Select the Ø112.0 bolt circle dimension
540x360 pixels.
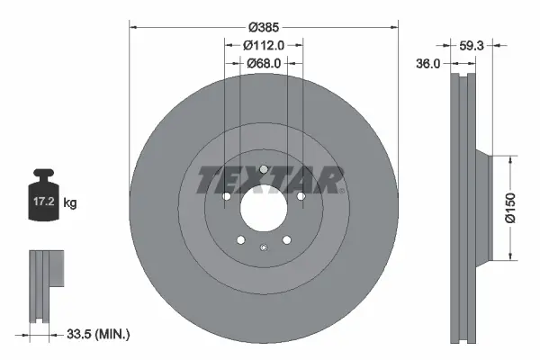pyautogui.click(x=263, y=44)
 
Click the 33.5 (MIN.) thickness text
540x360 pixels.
pyautogui.click(x=99, y=335)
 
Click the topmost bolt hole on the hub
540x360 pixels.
pyautogui.click(x=263, y=168)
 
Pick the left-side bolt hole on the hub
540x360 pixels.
pyautogui.click(x=227, y=196)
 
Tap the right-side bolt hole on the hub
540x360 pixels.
pyautogui.click(x=300, y=195)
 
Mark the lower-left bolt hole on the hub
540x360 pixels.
pyautogui.click(x=240, y=239)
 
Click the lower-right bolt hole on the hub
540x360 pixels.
pyautogui.click(x=286, y=239)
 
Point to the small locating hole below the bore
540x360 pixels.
pyautogui.click(x=263, y=248)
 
